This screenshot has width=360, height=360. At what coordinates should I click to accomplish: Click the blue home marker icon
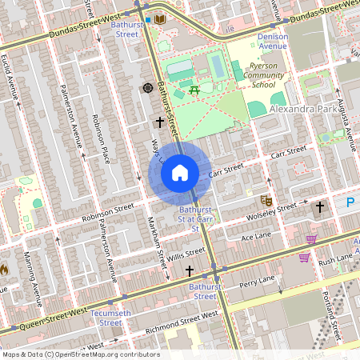click(x=180, y=173)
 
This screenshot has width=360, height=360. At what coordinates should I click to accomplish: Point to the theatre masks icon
click(x=266, y=199)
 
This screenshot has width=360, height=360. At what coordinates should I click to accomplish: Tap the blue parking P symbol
click(x=349, y=204)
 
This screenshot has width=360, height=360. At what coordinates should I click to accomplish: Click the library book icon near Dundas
click(x=160, y=18)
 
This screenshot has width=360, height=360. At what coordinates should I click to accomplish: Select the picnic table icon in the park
click(x=195, y=90)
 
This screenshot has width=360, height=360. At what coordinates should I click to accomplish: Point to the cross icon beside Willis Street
click(x=189, y=272)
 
